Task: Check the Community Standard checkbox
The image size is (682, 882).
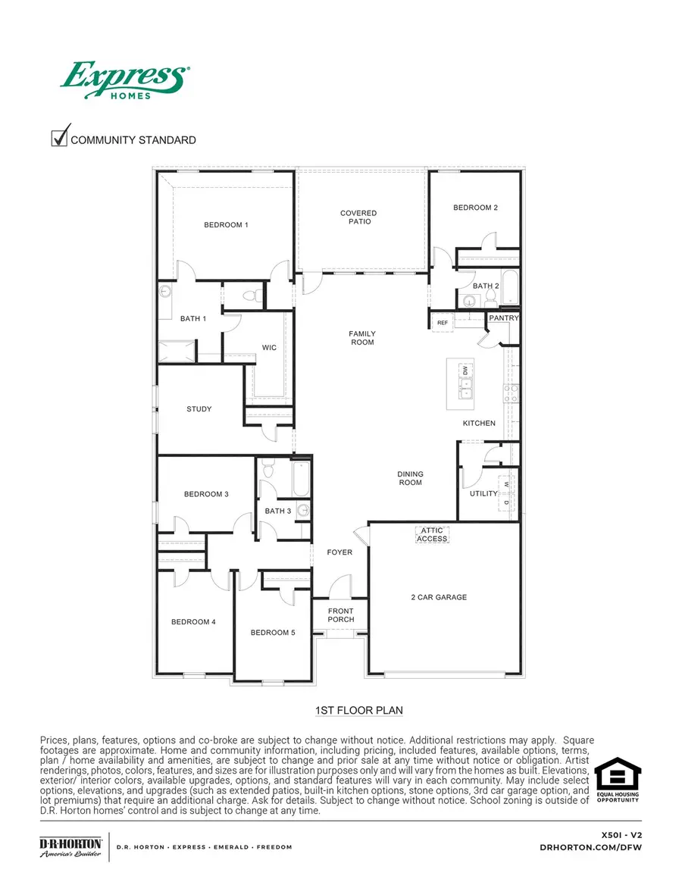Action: click(x=59, y=139)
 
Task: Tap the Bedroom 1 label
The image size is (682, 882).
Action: click(x=226, y=225)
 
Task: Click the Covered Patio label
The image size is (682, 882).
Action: click(x=358, y=217)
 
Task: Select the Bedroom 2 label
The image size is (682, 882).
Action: click(x=475, y=208)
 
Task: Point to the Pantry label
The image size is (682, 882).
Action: click(x=504, y=318)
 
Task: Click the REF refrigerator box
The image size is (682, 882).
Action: click(x=443, y=323)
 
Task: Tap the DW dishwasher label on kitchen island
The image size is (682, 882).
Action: click(x=465, y=371)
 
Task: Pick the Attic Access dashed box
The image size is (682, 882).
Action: click(x=433, y=535)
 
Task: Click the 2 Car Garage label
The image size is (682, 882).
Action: click(x=439, y=597)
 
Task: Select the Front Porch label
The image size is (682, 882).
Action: click(x=341, y=615)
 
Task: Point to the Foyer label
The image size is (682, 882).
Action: click(x=339, y=552)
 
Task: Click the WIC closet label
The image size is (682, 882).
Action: click(x=269, y=348)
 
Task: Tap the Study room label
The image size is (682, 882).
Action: click(x=199, y=409)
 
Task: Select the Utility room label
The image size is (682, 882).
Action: click(x=483, y=493)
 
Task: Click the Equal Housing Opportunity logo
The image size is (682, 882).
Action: click(x=617, y=780)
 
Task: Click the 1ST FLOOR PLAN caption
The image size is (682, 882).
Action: click(x=358, y=711)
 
